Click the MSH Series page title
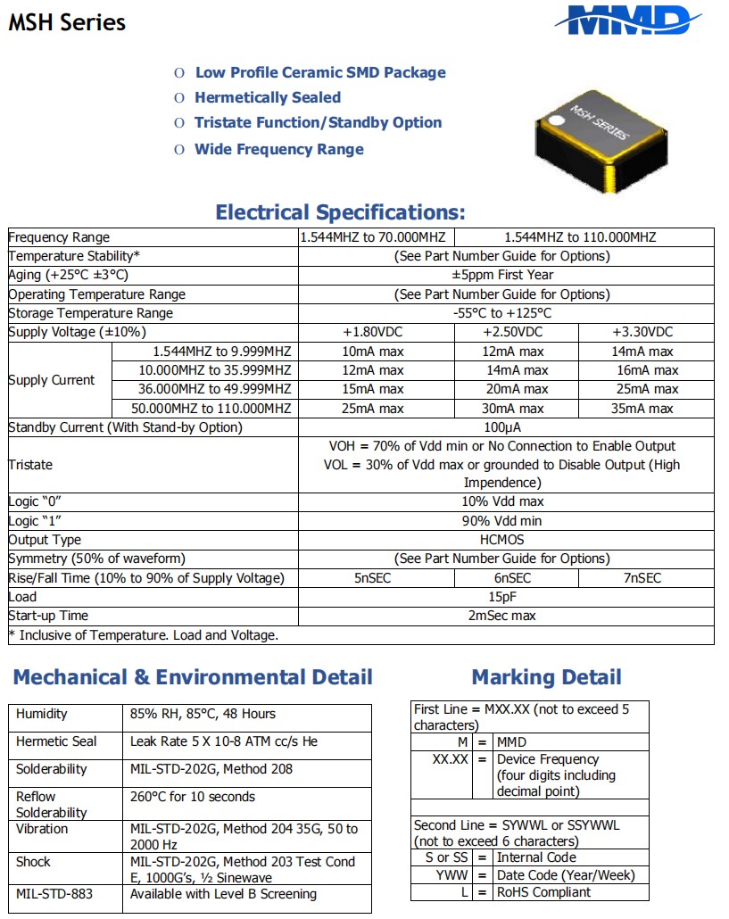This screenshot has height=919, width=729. coord(67,22)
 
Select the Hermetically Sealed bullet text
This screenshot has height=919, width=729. coord(268,97)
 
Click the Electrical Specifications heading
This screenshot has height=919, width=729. coord(340,212)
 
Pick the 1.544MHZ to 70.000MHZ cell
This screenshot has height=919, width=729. coord(376,237)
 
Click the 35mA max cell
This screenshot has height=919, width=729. coord(646,409)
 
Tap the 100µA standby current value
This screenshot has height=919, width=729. coord(506,427)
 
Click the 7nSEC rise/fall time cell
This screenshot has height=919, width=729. coord(646,578)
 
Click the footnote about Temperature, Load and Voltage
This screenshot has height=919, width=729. coord(144,635)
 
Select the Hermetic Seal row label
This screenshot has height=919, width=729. coord(56,741)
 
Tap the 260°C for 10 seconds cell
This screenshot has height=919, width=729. coord(193,797)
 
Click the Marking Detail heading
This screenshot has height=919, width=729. coord(546,677)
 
